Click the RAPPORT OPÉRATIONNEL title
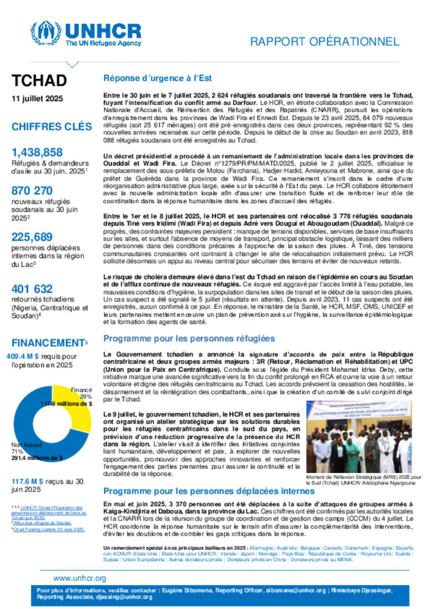click(324, 42)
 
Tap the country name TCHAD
click(39, 80)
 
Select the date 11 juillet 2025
click(37, 99)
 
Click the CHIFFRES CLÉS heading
click(52, 127)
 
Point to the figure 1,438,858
click(37, 152)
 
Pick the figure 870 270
click(32, 190)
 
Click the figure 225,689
click(32, 237)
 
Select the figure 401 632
click(32, 289)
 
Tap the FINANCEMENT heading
click(48, 343)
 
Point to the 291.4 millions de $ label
click(37, 458)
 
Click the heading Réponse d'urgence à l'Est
click(157, 78)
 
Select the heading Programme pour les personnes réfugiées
click(189, 338)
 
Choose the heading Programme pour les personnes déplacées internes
click(209, 491)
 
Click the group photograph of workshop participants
click(359, 437)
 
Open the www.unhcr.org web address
click(80, 578)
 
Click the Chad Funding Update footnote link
click(49, 530)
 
